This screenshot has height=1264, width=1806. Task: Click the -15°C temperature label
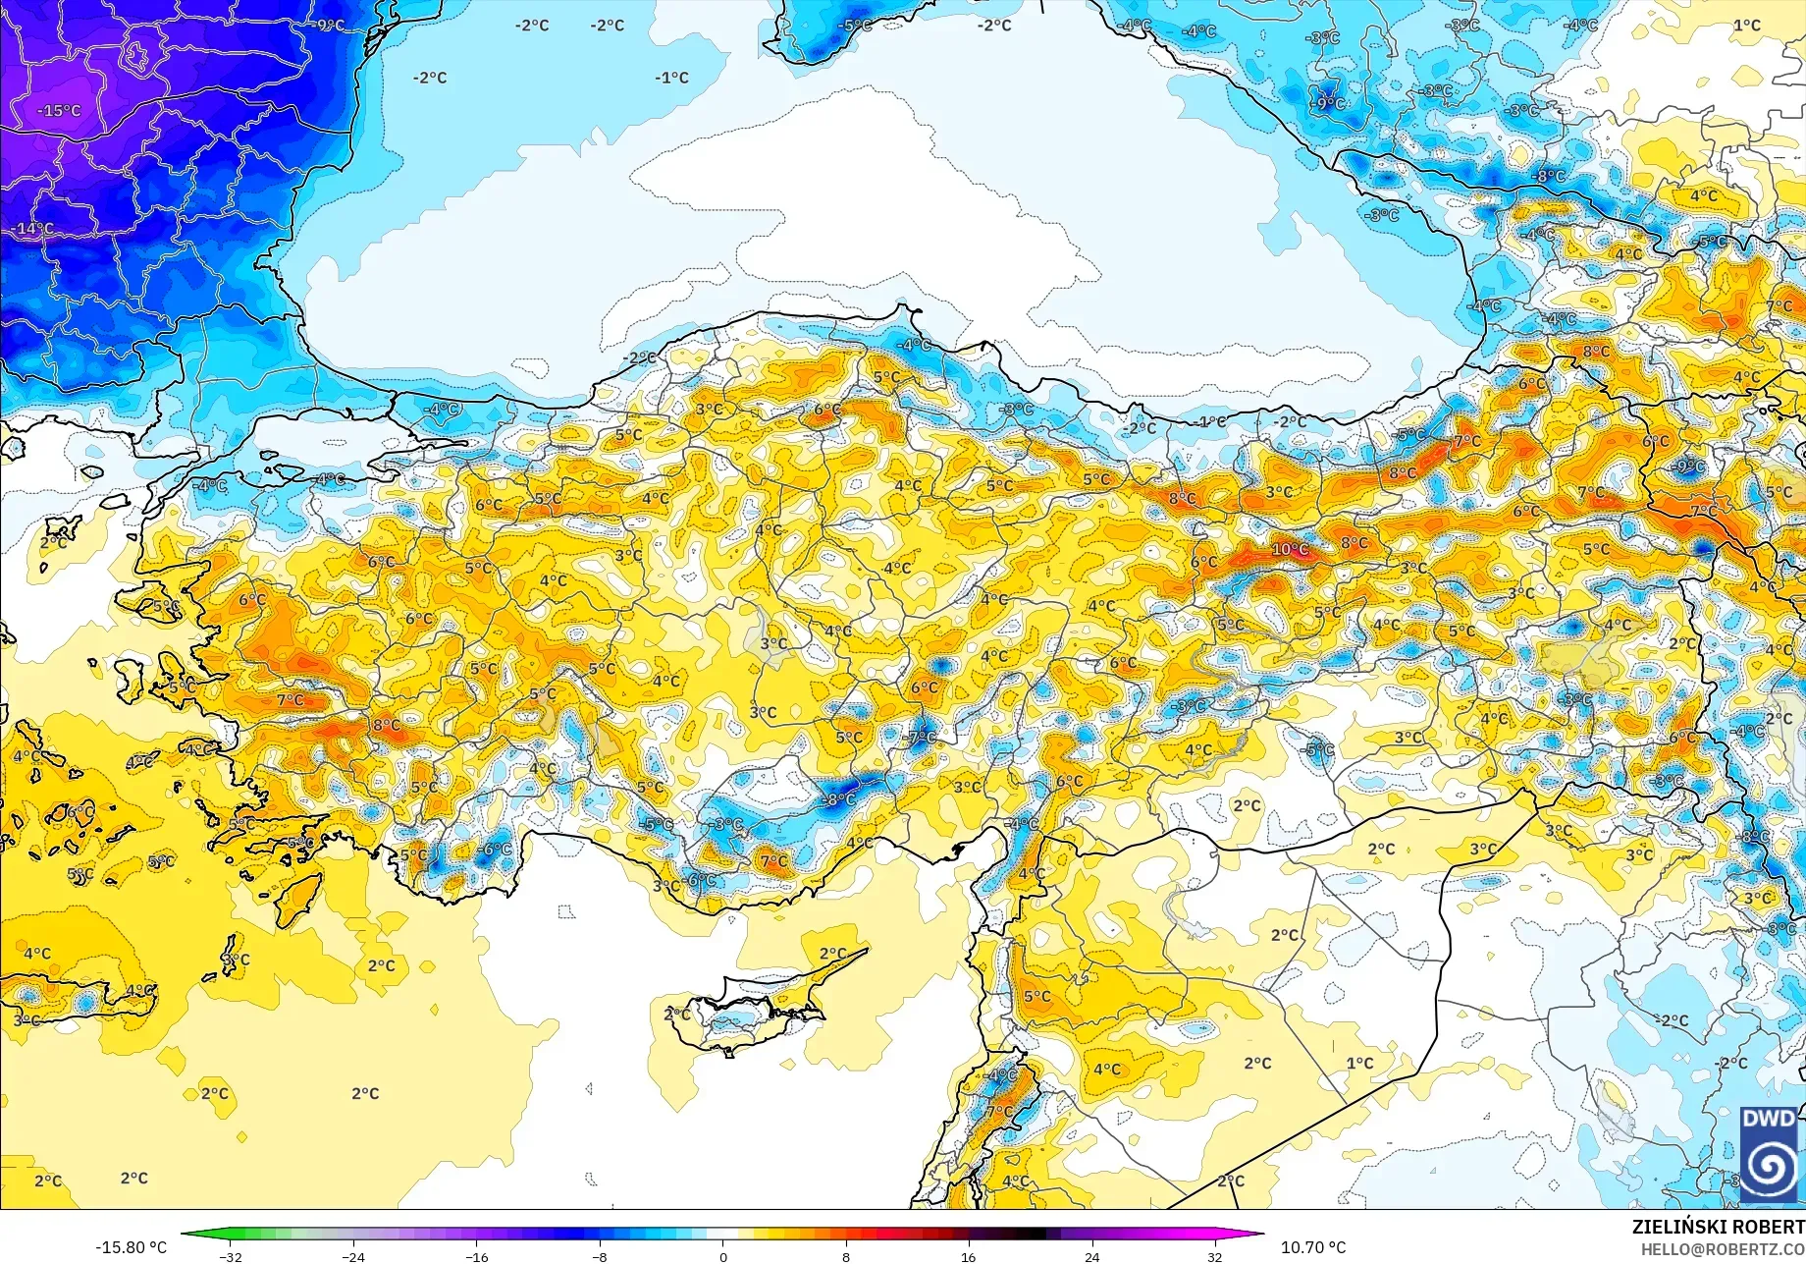pyautogui.click(x=59, y=111)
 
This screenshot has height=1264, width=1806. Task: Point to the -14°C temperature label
pyautogui.click(x=33, y=229)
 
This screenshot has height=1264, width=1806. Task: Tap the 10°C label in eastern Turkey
pyautogui.click(x=1290, y=549)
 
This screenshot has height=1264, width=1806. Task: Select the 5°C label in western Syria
pyautogui.click(x=1036, y=996)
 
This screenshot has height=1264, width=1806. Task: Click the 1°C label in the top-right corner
pyautogui.click(x=1746, y=26)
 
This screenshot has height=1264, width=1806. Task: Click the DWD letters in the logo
pyautogui.click(x=1768, y=1119)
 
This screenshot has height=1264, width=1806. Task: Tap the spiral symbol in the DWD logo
pyautogui.click(x=1769, y=1167)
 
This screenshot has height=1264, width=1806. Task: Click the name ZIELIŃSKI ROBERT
pyautogui.click(x=1718, y=1227)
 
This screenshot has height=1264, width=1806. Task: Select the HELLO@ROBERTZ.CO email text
pyautogui.click(x=1723, y=1249)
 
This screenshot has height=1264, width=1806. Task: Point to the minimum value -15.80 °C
pyautogui.click(x=131, y=1247)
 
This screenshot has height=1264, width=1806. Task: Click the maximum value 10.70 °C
pyautogui.click(x=1313, y=1247)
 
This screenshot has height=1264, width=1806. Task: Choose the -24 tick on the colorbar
pyautogui.click(x=353, y=1256)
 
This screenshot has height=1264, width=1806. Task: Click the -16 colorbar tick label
pyautogui.click(x=476, y=1256)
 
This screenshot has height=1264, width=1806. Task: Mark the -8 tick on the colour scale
pyautogui.click(x=600, y=1256)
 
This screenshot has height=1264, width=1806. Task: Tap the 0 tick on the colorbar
pyautogui.click(x=723, y=1256)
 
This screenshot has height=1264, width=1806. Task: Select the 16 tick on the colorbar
pyautogui.click(x=969, y=1256)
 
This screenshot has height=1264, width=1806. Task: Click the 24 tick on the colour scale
pyautogui.click(x=1091, y=1256)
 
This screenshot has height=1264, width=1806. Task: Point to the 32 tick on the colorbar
pyautogui.click(x=1214, y=1256)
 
